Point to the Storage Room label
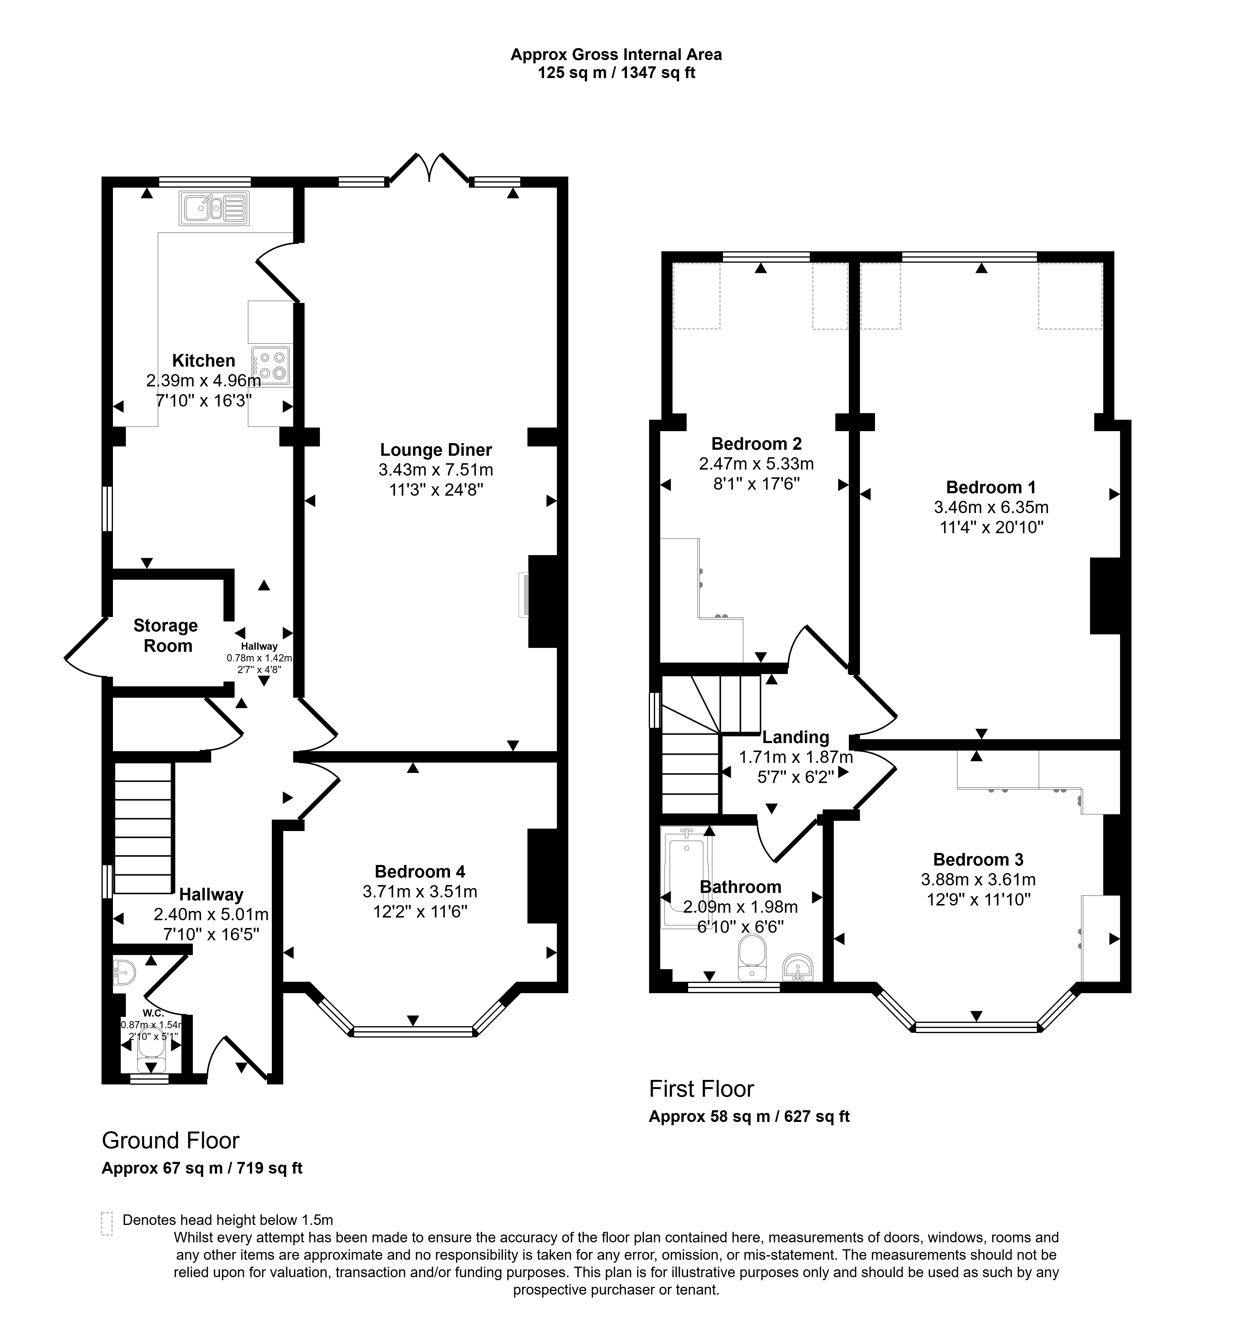point(166,635)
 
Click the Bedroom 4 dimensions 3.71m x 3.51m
point(420,891)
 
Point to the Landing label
point(796,737)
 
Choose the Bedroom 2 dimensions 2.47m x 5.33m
point(756,463)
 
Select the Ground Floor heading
point(170,1140)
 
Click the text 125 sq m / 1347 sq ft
point(616,72)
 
